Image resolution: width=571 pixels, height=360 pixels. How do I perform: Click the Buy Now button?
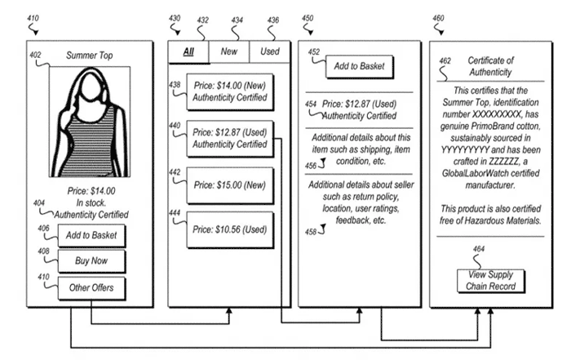click(x=91, y=261)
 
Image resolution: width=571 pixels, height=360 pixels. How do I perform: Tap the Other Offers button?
click(x=91, y=288)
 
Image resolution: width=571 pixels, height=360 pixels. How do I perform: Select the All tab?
click(x=188, y=51)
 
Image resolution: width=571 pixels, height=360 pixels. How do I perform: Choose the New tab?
click(x=229, y=51)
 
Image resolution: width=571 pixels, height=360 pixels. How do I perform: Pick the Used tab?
click(x=270, y=51)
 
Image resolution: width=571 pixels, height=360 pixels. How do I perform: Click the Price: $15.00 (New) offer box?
click(x=230, y=185)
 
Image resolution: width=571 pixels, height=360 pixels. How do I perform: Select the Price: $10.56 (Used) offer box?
click(x=230, y=230)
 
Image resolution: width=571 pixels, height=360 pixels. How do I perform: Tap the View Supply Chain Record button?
click(x=490, y=281)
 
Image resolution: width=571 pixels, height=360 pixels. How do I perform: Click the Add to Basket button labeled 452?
click(x=360, y=66)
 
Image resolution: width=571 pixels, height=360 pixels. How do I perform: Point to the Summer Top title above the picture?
click(x=89, y=56)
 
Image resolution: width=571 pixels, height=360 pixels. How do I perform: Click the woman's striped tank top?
click(x=87, y=142)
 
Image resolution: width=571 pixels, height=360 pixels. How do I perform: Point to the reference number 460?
click(x=438, y=18)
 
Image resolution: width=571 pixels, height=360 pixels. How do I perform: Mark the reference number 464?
click(x=479, y=249)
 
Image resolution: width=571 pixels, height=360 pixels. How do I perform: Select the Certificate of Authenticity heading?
click(x=490, y=66)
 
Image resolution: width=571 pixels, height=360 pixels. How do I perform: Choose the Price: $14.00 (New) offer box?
click(x=230, y=91)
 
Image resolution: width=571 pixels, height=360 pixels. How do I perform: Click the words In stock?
click(x=91, y=203)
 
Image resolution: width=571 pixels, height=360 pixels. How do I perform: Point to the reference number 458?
click(x=311, y=232)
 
